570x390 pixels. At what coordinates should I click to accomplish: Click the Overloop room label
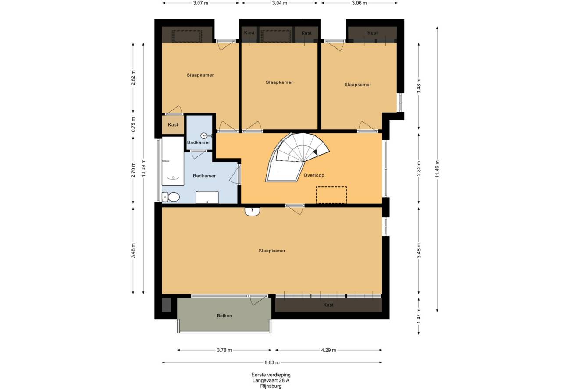[x=314, y=175]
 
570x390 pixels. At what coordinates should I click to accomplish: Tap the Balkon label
[x=224, y=316]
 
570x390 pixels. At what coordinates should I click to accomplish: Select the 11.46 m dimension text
[x=437, y=169]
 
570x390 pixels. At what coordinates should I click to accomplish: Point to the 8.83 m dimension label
[x=272, y=362]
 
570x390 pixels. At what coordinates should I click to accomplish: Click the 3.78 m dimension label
[x=224, y=350]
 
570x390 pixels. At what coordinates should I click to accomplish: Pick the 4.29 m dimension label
[x=328, y=350]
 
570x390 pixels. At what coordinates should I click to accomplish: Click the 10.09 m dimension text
[x=143, y=168]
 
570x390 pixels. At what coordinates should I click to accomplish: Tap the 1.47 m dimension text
[x=419, y=316]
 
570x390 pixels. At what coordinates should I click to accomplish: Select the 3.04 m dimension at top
[x=279, y=3]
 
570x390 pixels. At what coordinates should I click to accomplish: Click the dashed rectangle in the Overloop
[x=331, y=195]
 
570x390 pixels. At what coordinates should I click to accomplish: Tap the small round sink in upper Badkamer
[x=204, y=135]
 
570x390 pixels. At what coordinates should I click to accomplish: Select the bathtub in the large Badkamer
[x=173, y=161]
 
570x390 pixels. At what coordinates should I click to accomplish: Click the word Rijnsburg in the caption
[x=271, y=386]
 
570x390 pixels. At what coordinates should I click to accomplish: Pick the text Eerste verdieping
[x=271, y=375]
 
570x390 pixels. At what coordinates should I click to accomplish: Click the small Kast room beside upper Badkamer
[x=173, y=124]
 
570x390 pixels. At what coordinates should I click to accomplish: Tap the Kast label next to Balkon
[x=328, y=305]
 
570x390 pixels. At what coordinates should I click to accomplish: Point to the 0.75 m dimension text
[x=133, y=124]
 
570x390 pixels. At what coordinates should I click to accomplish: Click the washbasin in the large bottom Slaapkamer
[x=252, y=212]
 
